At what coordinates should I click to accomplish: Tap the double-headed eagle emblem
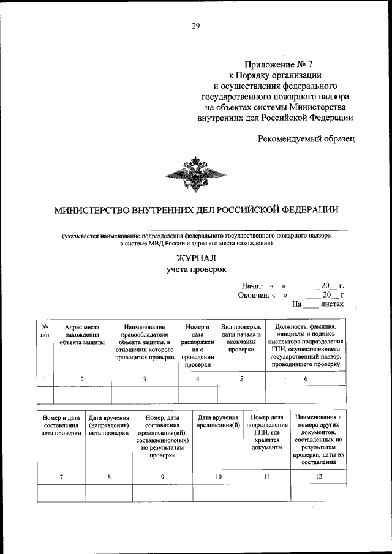pos(195,173)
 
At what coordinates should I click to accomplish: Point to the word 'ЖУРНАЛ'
pos(196,258)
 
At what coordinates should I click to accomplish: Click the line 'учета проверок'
pos(196,269)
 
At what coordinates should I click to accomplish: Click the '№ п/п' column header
pos(45,331)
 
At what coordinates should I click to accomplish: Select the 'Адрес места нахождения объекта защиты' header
pos(82,335)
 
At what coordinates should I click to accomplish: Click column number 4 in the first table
pos(197,379)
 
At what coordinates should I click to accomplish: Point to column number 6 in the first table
pos(306,379)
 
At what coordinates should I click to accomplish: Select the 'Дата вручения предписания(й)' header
pos(218,421)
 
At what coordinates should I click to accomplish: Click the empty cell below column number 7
pos(61,493)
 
